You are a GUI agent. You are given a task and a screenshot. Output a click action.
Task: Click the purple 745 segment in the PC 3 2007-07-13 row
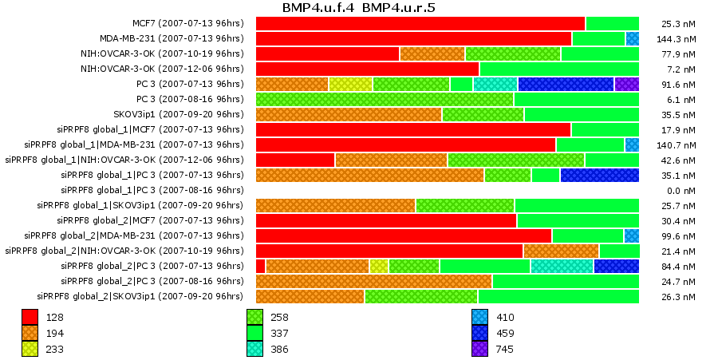(x=626, y=84)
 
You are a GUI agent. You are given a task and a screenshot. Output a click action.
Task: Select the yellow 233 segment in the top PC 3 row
(x=350, y=84)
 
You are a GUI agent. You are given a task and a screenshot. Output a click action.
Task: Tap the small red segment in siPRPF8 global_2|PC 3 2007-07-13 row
(x=260, y=266)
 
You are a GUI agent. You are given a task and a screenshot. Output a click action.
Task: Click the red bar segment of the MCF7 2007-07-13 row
(x=420, y=23)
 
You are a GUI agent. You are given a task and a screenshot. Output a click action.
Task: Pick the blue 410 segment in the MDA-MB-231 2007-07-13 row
(x=632, y=38)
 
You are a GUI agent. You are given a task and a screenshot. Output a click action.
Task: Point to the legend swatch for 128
(x=30, y=317)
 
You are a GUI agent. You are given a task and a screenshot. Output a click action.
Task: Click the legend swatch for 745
(x=479, y=349)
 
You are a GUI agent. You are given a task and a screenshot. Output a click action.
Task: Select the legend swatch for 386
(x=254, y=349)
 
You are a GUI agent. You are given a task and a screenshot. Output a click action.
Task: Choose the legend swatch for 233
(x=30, y=349)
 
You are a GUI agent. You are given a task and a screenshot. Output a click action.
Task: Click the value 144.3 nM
(x=679, y=39)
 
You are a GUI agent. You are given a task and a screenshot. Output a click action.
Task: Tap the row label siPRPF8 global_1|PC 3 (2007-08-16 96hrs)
(x=152, y=190)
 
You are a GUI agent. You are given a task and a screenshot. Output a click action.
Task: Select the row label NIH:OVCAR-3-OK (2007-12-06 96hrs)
(x=162, y=69)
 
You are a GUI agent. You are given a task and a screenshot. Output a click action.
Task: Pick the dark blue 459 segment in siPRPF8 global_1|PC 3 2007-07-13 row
(x=599, y=175)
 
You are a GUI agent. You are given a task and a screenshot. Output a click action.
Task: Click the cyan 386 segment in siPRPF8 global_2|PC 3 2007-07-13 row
(x=562, y=266)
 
